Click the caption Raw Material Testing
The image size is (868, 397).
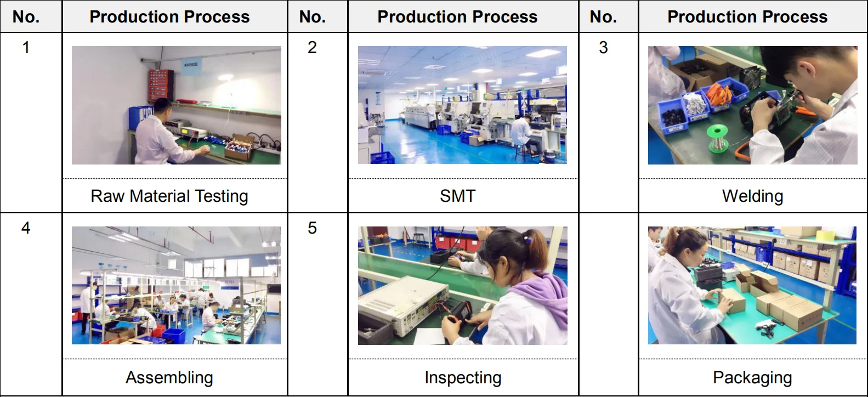[169, 196]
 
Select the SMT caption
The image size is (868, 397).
[457, 196]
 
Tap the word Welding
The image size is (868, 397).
[752, 196]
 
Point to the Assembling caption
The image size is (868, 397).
[169, 378]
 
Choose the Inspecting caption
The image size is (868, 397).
[463, 378]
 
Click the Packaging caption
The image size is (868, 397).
[752, 378]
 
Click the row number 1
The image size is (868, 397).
[26, 48]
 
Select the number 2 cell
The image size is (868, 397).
[312, 48]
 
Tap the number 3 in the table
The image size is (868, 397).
[603, 48]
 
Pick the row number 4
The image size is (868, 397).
[26, 228]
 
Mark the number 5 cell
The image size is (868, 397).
[312, 228]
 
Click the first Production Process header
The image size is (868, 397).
[169, 17]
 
